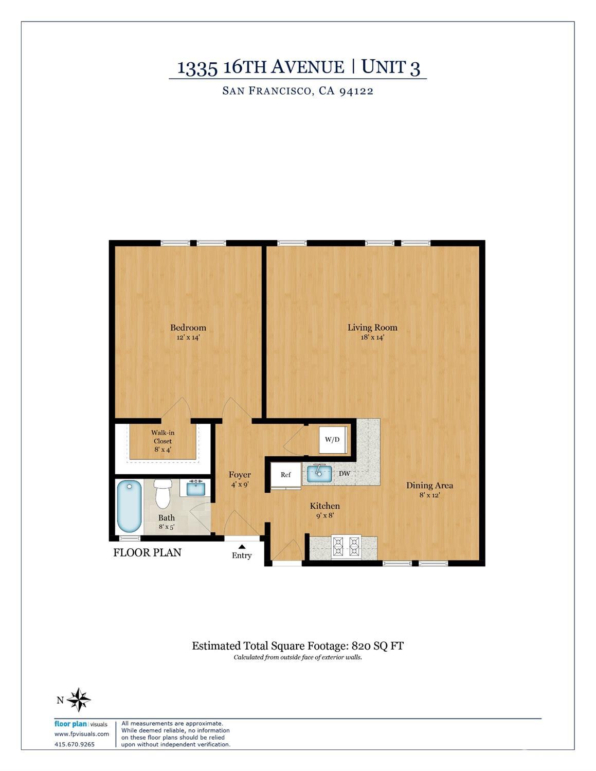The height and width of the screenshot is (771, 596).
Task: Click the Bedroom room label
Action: [x=188, y=328]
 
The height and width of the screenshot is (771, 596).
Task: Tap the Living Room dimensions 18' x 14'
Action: [x=372, y=338]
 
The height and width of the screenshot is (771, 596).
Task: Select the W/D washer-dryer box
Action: [x=332, y=440]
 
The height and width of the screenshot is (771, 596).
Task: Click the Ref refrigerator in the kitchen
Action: [x=286, y=475]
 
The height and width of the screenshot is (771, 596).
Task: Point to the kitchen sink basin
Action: [x=319, y=473]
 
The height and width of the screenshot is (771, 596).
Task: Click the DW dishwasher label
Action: [x=345, y=474]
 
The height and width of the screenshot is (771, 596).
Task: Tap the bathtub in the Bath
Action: [x=129, y=506]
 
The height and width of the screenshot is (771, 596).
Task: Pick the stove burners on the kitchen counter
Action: [x=346, y=547]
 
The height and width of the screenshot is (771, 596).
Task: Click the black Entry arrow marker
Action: [x=242, y=546]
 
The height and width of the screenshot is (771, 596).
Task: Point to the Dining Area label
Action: [x=429, y=485]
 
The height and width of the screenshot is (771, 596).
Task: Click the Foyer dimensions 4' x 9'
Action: [x=240, y=485]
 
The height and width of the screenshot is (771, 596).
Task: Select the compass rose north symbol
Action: [x=79, y=700]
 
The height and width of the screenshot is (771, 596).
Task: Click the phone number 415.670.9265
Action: [x=75, y=744]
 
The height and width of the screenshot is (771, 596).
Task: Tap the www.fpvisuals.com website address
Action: [x=82, y=734]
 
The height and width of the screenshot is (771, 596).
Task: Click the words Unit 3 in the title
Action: [x=390, y=67]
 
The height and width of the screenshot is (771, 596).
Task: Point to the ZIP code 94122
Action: [x=356, y=91]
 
